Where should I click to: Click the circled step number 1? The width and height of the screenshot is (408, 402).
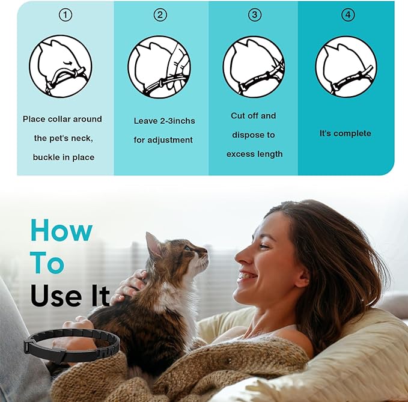tap(65, 15)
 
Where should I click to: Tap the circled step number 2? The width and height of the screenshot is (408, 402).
tap(160, 15)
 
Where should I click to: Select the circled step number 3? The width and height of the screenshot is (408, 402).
tap(254, 15)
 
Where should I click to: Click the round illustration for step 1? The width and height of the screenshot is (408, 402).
tap(60, 66)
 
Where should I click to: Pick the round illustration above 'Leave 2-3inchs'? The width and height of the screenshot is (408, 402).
tap(159, 66)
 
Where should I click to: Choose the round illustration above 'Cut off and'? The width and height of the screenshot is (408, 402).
tap(254, 66)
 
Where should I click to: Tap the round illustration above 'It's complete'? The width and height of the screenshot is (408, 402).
tap(346, 66)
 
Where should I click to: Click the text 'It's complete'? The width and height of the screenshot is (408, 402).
tap(346, 133)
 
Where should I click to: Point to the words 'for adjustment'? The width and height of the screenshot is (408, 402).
tap(163, 140)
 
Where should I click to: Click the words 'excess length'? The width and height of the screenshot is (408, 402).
tap(254, 154)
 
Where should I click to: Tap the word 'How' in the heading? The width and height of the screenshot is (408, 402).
tap(61, 231)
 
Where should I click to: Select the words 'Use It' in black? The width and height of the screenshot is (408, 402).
tap(70, 296)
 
